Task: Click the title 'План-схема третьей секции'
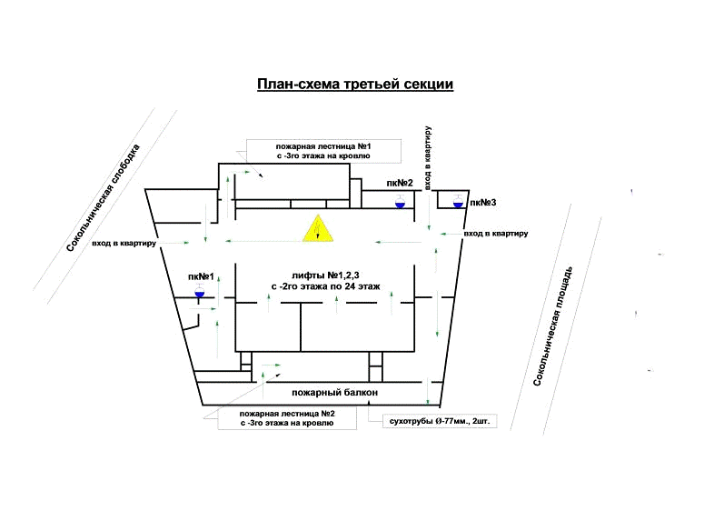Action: pyautogui.click(x=355, y=85)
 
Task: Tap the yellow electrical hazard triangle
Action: pyautogui.click(x=318, y=230)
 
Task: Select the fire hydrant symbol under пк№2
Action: pyautogui.click(x=400, y=203)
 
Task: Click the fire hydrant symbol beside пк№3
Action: pyautogui.click(x=458, y=202)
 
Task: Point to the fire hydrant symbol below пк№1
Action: pyautogui.click(x=199, y=293)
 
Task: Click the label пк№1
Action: pyautogui.click(x=201, y=276)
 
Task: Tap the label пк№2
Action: pyautogui.click(x=400, y=184)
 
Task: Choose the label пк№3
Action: pyautogui.click(x=483, y=202)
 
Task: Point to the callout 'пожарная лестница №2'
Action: pyautogui.click(x=288, y=414)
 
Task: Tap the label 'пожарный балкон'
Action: pyautogui.click(x=334, y=393)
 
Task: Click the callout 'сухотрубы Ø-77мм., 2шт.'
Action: pyautogui.click(x=432, y=422)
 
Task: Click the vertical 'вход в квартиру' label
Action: pyautogui.click(x=428, y=158)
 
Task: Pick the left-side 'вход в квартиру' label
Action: pyautogui.click(x=124, y=244)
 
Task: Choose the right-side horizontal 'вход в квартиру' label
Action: pyautogui.click(x=496, y=234)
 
